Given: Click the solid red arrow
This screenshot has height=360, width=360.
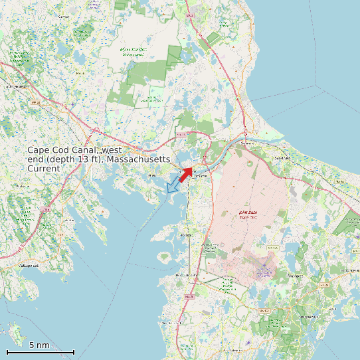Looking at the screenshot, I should point(186,173).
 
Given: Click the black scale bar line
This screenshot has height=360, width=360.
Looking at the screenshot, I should point(40,351).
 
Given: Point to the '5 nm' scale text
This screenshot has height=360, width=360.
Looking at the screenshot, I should point(39,345).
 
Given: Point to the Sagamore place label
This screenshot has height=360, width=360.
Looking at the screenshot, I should point(247,143).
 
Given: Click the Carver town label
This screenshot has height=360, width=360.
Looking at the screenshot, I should point(64,16).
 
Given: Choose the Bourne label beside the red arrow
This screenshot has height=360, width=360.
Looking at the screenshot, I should point(201,175).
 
